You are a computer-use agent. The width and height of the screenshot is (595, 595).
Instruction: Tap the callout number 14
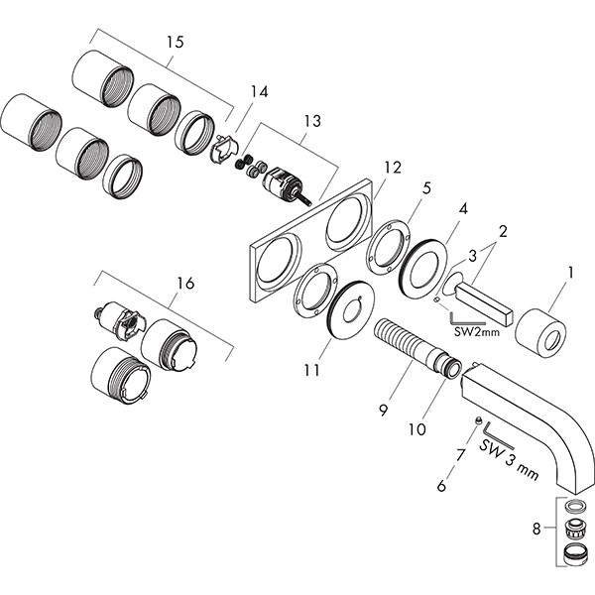[259, 91]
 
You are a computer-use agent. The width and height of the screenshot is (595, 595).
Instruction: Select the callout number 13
[312, 121]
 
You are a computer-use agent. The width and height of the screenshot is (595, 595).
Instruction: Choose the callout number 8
[536, 530]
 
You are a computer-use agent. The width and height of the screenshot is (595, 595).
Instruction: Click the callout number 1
[569, 270]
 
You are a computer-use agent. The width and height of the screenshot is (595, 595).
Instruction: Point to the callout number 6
[442, 487]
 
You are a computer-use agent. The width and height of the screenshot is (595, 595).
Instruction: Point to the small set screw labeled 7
[477, 421]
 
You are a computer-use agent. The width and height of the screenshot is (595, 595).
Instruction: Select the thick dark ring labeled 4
[422, 265]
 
